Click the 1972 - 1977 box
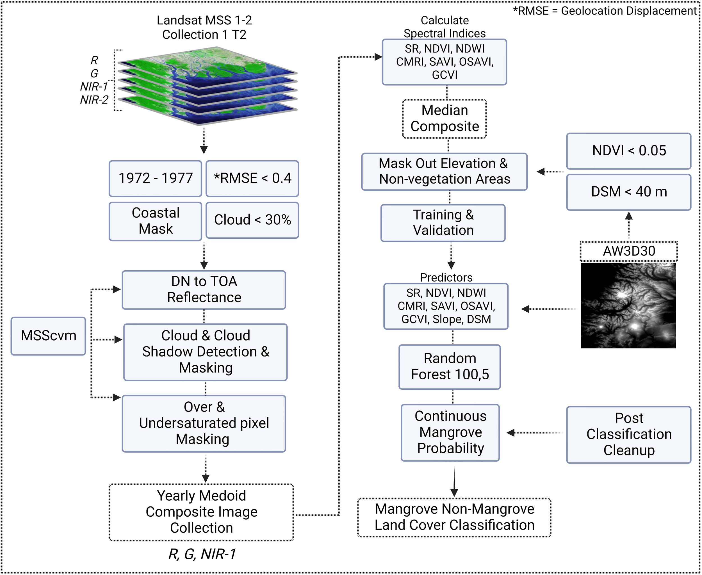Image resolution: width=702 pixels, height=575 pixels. coord(155,178)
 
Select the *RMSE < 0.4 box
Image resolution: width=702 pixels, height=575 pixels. coord(252,178)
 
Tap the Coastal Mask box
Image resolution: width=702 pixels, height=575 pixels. coord(155,221)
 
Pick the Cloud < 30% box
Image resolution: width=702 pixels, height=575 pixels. coord(252,220)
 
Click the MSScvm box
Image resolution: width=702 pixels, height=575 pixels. coord(48,336)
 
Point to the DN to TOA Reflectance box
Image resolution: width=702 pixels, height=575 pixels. coord(204,290)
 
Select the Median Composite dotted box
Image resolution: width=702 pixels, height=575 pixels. coord(444,118)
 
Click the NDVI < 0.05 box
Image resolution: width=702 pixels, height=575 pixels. coord(628,151)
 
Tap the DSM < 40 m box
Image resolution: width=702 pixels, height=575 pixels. coord(628,192)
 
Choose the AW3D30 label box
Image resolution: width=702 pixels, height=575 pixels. coord(628,251)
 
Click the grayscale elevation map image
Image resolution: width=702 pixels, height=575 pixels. coord(628,305)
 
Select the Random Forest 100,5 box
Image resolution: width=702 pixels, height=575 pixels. coord(450,367)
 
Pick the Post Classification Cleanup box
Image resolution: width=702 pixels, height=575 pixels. coord(628,434)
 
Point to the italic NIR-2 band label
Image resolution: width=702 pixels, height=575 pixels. coord(94,100)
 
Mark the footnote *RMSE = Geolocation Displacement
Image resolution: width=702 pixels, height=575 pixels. coord(605,11)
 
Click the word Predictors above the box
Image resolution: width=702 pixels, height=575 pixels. coord(446,277)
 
